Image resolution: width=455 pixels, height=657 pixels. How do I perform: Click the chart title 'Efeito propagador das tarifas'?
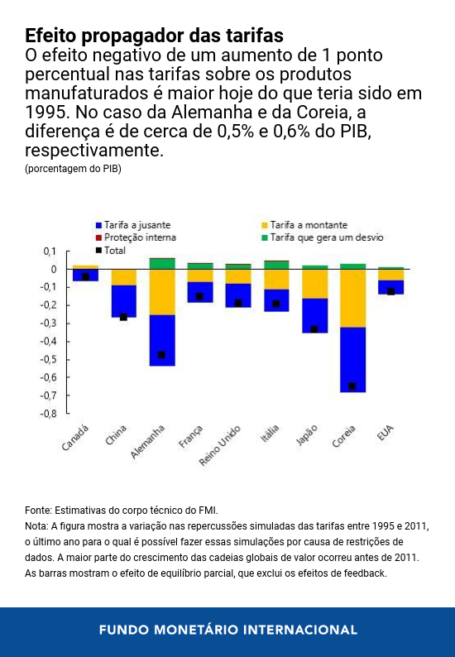(x=154, y=36)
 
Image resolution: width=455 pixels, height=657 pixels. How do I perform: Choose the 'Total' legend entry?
(x=114, y=249)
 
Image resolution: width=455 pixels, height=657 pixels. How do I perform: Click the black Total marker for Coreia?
(x=352, y=386)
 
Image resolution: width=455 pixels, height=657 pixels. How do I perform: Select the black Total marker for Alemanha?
(x=162, y=355)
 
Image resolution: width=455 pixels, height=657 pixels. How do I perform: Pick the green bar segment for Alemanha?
(x=162, y=263)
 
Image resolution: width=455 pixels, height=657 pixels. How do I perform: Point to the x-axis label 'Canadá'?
(x=75, y=439)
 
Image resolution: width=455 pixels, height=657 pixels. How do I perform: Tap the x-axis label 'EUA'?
(x=386, y=433)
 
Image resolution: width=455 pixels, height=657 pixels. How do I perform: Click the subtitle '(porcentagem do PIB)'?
(x=73, y=169)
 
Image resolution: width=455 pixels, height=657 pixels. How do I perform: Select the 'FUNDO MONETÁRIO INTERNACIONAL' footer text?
(x=227, y=630)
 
